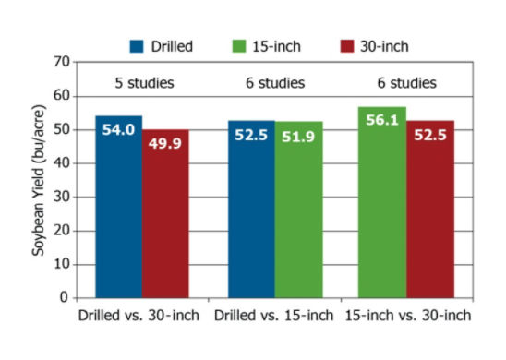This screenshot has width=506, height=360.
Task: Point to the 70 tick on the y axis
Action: tap(63, 62)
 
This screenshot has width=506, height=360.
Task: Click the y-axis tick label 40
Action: tap(63, 163)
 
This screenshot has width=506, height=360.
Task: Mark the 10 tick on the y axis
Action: tap(63, 265)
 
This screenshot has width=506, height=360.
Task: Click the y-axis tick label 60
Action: tap(63, 96)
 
